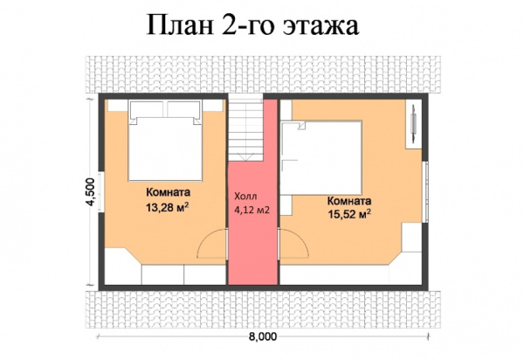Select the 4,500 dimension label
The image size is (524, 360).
point(89,192)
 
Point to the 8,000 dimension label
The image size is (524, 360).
point(262,336)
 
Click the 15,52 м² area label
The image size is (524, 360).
point(349,211)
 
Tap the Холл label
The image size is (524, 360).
point(246,197)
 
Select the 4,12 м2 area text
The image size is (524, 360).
point(251,211)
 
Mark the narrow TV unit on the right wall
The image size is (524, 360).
point(412,128)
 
